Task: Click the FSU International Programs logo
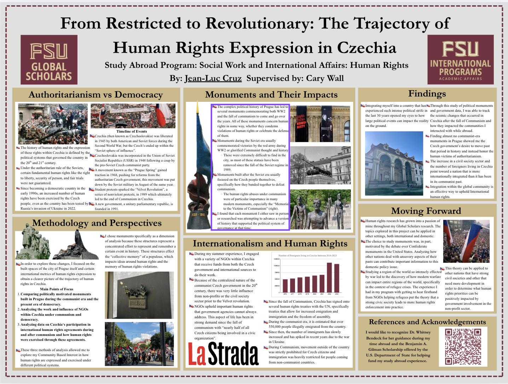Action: [x=460, y=60]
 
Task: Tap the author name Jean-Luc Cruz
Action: [x=213, y=78]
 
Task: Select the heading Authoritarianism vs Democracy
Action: [x=96, y=95]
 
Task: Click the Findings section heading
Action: [x=427, y=94]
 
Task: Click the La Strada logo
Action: [x=223, y=354]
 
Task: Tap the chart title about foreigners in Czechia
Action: [x=307, y=255]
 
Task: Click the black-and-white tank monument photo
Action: [x=320, y=165]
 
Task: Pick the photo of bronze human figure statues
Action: [x=320, y=209]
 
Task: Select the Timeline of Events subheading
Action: [x=132, y=131]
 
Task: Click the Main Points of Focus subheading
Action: [x=57, y=289]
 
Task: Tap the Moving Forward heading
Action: [x=426, y=211]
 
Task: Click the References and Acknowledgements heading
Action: [x=427, y=322]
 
